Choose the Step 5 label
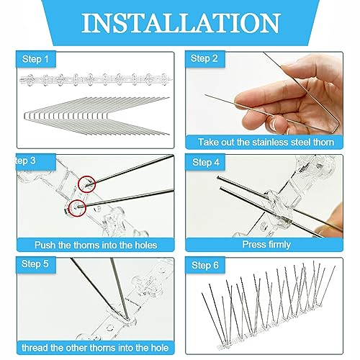point(34,264)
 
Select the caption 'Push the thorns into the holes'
point(92,244)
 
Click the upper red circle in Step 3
point(87,184)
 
